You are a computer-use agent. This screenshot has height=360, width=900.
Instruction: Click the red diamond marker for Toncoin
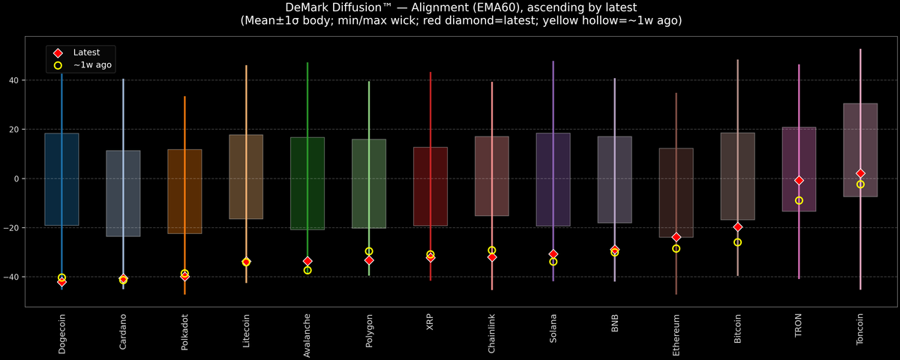[x=860, y=173]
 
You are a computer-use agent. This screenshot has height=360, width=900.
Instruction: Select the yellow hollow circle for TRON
[x=799, y=200]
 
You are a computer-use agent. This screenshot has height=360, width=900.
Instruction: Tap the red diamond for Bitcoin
[x=737, y=226]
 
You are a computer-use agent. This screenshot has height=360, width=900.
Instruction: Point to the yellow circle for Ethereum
[x=676, y=248]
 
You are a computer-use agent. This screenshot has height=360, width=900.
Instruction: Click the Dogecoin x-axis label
[x=61, y=334]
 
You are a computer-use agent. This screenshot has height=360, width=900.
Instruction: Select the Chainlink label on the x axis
[x=491, y=334]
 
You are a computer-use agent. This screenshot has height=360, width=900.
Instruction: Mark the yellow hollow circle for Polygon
[x=369, y=251]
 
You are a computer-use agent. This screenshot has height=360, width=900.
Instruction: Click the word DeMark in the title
[x=307, y=7]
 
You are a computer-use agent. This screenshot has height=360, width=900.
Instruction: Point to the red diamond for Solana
[x=553, y=254]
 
